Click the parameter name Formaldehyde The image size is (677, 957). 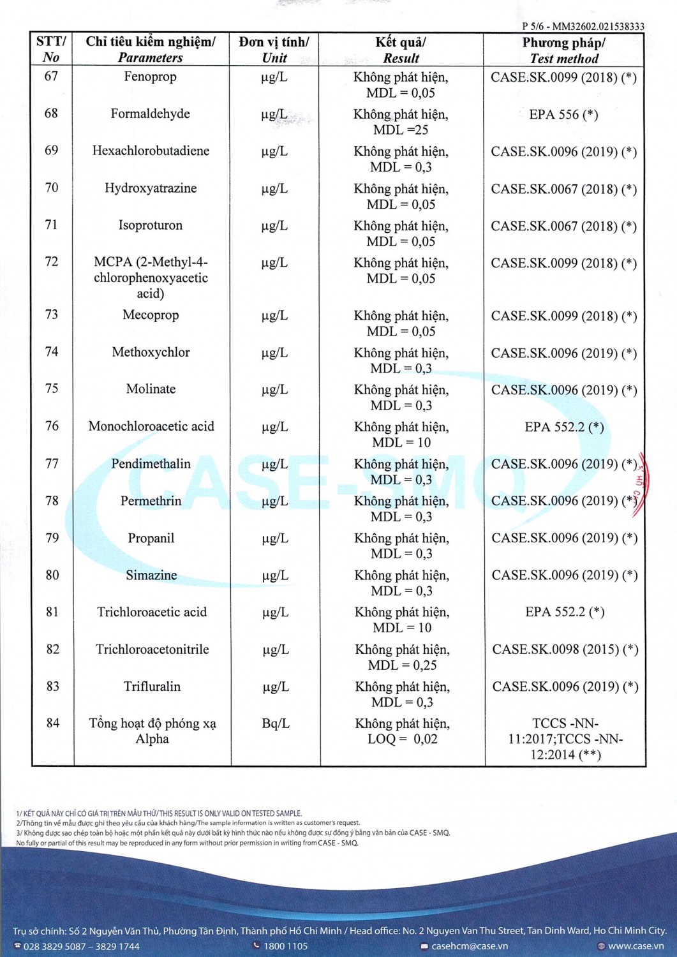pos(150,114)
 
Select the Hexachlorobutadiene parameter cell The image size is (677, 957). pos(151,151)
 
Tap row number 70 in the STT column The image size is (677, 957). pos(52,188)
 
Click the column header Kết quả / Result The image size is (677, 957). pos(401,50)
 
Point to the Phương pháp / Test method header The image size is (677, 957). pos(564,50)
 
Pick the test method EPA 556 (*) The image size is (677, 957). pos(563,115)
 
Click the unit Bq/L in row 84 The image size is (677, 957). pos(276,723)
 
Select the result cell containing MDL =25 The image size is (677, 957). pos(401,122)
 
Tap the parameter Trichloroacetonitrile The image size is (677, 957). pos(153,649)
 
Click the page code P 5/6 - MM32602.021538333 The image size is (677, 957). pos(583,26)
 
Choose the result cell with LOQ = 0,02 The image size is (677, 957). pos(402,731)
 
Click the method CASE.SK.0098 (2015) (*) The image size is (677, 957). pos(565,649)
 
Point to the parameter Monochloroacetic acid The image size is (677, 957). pos(151,427)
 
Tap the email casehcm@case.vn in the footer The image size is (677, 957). pos(470,946)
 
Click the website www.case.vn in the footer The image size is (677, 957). pos(636,946)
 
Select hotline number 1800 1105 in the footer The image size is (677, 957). pos(285,946)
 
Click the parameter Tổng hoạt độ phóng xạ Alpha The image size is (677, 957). pos(153,731)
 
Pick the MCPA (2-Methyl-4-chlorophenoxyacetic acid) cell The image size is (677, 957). pos(151,278)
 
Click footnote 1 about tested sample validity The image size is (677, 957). pos(159,813)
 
